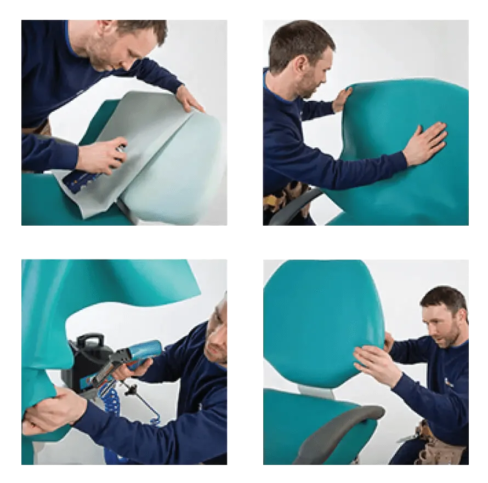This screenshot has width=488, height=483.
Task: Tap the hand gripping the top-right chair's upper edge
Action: point(342,99)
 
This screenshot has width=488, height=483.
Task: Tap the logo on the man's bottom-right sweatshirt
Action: point(449,382)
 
